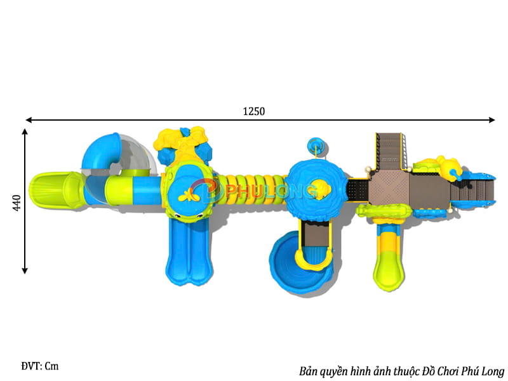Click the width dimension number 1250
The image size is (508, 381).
[253, 111]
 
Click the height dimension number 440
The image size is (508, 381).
[17, 203]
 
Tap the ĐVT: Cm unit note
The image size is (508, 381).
[40, 366]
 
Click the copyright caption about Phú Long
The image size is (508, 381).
[401, 371]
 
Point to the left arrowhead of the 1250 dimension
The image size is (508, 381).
[29, 120]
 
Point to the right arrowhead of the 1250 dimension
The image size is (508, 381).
[491, 120]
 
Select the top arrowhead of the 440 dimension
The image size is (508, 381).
[25, 132]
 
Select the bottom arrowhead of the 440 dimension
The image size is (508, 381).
[25, 271]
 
